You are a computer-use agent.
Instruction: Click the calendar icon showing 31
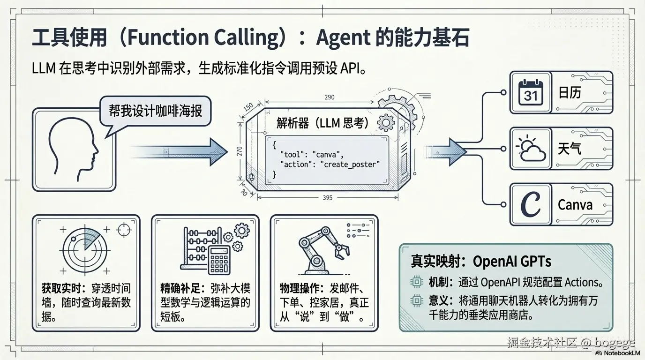[x=531, y=93]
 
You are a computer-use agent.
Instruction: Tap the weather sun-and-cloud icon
[x=531, y=149]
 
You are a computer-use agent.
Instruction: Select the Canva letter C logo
[x=531, y=204]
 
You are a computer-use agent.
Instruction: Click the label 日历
[x=570, y=93]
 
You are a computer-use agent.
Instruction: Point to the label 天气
[x=570, y=149]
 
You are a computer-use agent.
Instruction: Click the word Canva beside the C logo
[x=575, y=205]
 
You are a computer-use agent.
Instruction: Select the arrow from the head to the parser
[x=173, y=151]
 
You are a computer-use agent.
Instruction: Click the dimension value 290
[x=330, y=97]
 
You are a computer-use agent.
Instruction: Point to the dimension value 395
[x=328, y=198]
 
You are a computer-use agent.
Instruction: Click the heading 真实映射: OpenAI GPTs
[x=481, y=261]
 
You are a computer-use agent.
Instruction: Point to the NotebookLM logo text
[x=621, y=353]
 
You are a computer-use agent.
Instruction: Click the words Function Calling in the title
[x=203, y=38]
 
